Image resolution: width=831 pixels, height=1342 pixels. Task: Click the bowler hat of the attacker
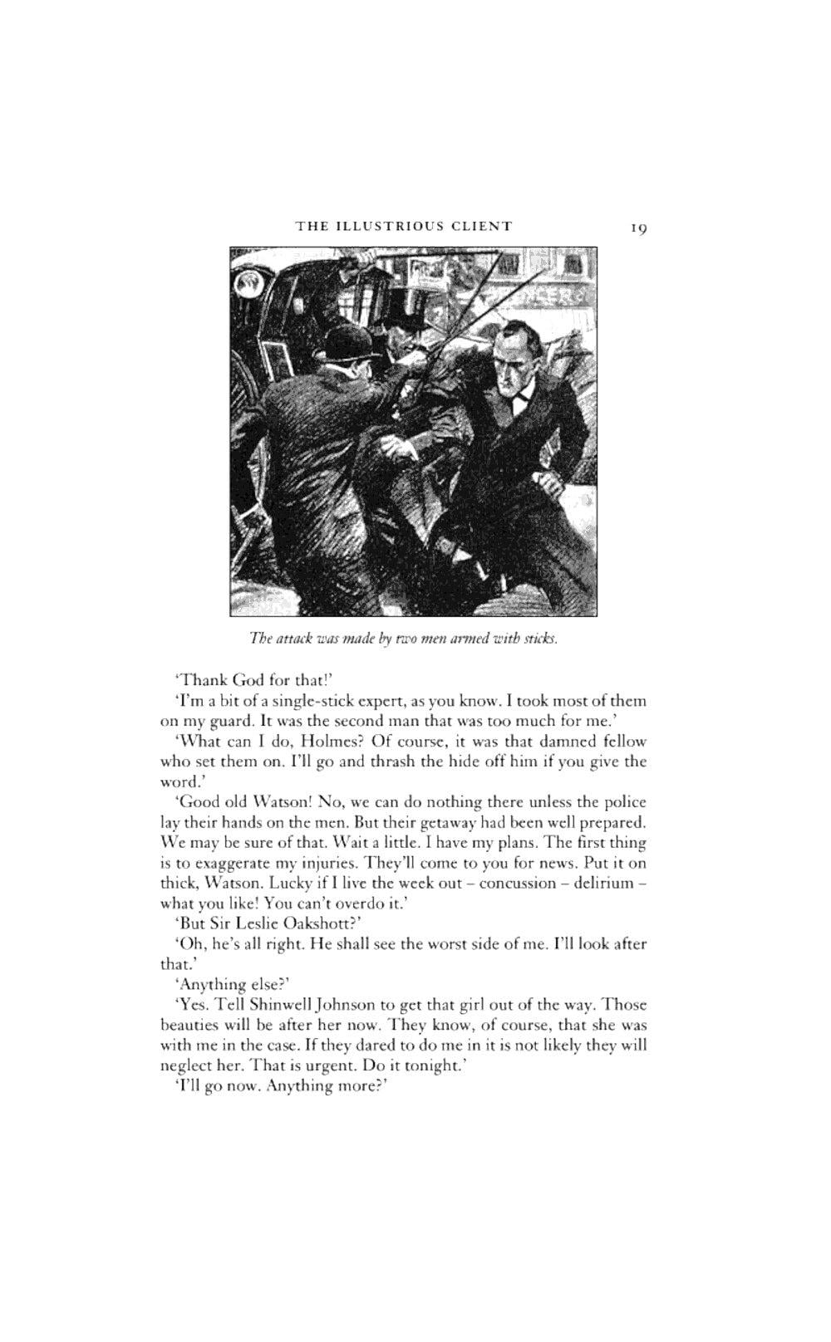point(348,340)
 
